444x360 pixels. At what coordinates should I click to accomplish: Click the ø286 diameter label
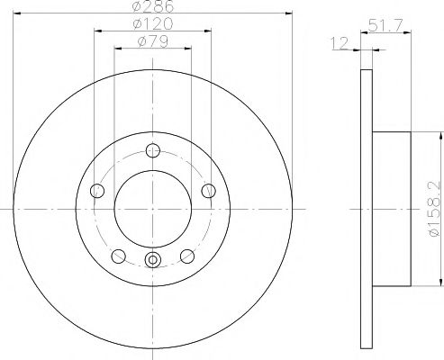[x=152, y=6]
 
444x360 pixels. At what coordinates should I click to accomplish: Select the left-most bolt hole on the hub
[x=97, y=190]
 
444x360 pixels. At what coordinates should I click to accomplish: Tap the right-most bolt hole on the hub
[x=208, y=190]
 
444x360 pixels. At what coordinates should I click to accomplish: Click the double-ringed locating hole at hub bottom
[x=152, y=261]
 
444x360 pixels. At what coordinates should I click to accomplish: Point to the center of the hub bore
[x=152, y=208]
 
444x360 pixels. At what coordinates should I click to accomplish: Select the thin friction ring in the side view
[x=366, y=208]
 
